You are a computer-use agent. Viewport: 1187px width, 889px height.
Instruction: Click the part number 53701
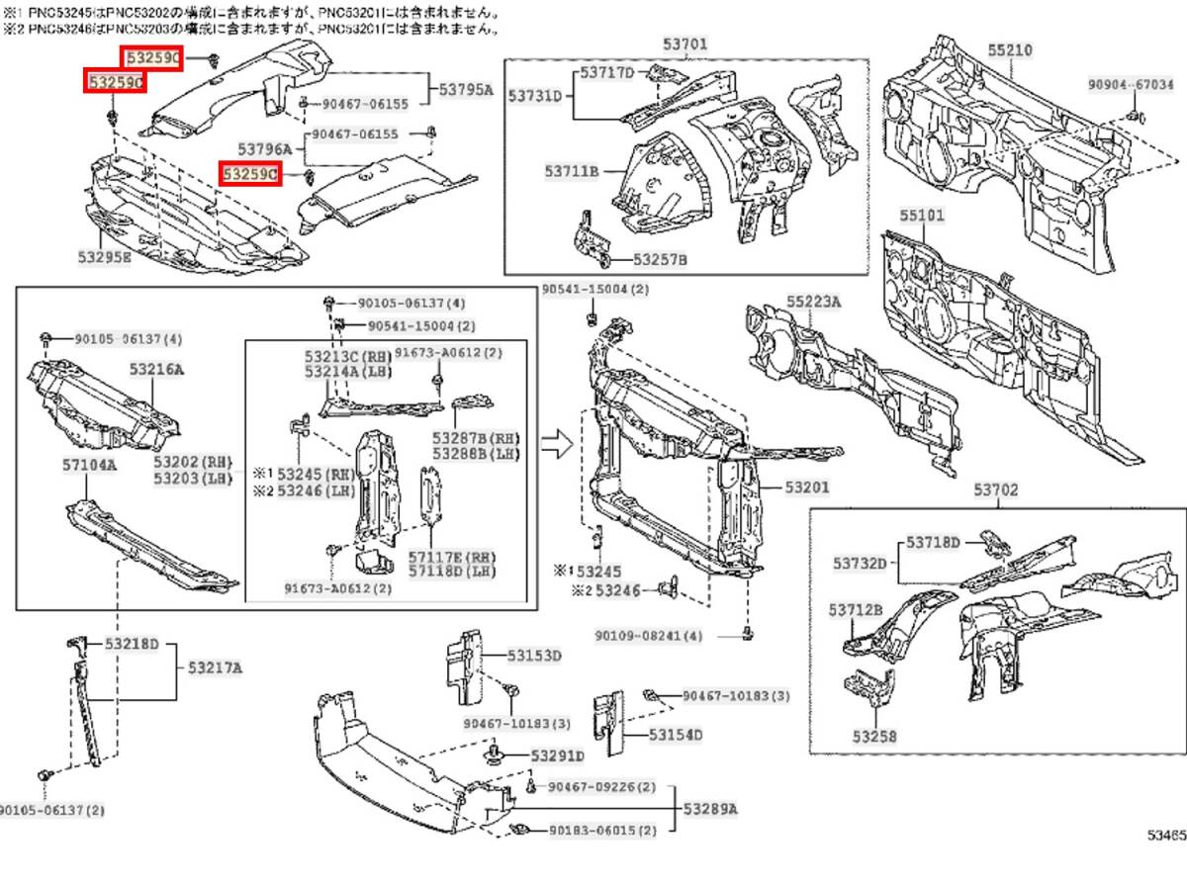pyautogui.click(x=685, y=44)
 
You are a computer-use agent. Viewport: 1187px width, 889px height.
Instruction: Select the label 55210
pyautogui.click(x=1008, y=48)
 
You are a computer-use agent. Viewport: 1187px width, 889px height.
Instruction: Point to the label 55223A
pyautogui.click(x=813, y=301)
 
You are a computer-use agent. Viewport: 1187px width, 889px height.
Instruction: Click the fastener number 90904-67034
pyautogui.click(x=1132, y=85)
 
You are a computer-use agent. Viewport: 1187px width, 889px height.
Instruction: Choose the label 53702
pyautogui.click(x=994, y=489)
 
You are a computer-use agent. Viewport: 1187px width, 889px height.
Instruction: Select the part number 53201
pyautogui.click(x=807, y=488)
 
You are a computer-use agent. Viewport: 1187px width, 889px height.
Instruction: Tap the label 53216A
pyautogui.click(x=156, y=369)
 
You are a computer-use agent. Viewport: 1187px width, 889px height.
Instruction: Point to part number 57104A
pyautogui.click(x=86, y=464)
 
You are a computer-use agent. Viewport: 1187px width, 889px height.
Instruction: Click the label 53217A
pyautogui.click(x=215, y=667)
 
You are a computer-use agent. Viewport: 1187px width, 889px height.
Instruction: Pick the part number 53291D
pyautogui.click(x=557, y=756)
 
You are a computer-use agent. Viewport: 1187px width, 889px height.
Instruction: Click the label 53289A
pyautogui.click(x=710, y=809)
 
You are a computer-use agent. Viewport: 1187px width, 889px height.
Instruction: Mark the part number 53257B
pyautogui.click(x=660, y=259)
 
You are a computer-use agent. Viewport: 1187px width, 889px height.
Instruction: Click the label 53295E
pyautogui.click(x=104, y=256)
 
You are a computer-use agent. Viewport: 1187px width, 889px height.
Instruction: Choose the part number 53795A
pyautogui.click(x=466, y=89)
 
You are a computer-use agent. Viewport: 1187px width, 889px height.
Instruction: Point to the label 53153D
pyautogui.click(x=534, y=656)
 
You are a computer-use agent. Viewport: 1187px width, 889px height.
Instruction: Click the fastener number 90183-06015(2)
pyautogui.click(x=602, y=831)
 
